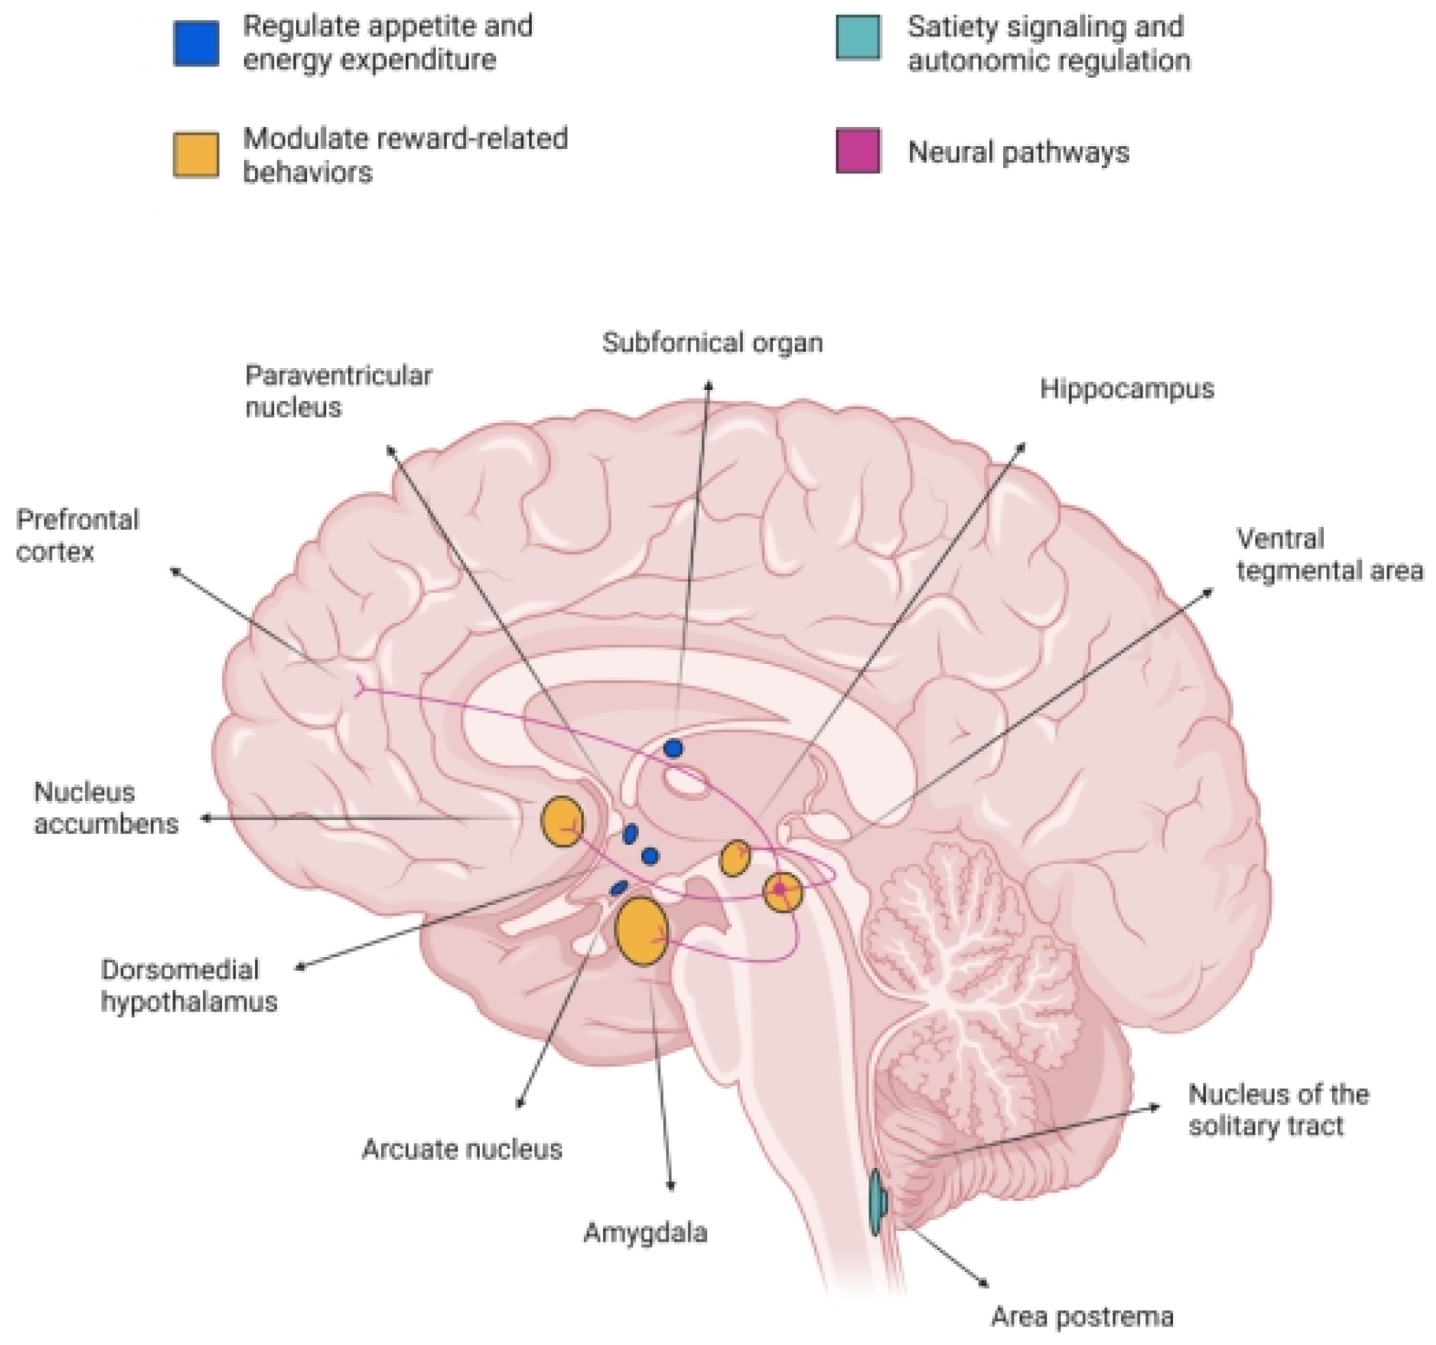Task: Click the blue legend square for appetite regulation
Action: coord(196,43)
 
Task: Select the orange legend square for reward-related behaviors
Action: coord(196,153)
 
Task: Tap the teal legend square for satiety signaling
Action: coord(858,37)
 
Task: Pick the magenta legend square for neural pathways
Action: coord(858,151)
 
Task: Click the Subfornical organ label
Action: coord(712,343)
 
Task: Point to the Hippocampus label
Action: coord(1127,389)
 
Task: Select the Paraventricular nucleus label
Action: coord(338,391)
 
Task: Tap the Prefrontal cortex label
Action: coord(77,535)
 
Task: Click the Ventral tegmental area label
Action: coord(1330,555)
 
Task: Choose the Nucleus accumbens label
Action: coord(105,808)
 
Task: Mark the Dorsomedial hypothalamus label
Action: coord(188,985)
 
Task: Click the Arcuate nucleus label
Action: coord(461,1149)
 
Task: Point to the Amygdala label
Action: coord(645,1232)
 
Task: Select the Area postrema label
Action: coord(1082,1317)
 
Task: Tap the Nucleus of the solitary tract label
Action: coord(1278,1110)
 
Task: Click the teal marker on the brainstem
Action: coord(877,1202)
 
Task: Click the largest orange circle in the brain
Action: coord(641,931)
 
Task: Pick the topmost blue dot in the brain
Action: coord(674,749)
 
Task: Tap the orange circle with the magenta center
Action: coord(783,892)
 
